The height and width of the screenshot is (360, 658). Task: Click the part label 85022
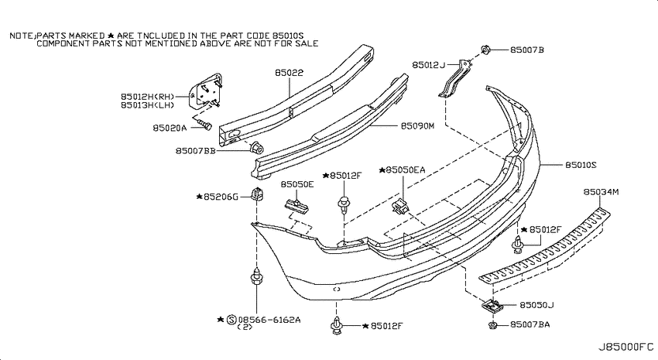coord(290,73)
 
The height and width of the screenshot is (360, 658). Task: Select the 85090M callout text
coord(417,126)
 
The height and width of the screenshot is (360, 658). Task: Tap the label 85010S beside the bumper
coord(581,165)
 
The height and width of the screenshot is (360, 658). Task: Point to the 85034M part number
coord(601,192)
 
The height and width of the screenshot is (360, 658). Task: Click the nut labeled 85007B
coord(485,50)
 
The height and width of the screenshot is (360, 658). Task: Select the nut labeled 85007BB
coord(256,149)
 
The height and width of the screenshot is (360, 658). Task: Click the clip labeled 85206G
coord(257,194)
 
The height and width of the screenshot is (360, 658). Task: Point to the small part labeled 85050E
coord(297,204)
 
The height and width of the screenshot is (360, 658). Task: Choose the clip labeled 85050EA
coord(400,206)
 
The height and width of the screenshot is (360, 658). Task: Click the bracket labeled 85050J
coord(492,306)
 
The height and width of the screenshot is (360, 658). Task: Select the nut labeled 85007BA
coord(493,325)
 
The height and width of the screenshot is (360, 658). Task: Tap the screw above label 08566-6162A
coord(256,276)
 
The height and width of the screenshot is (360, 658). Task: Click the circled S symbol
coord(231,320)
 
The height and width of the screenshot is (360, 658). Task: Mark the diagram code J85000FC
coord(625,347)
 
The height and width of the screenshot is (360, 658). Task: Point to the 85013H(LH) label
coord(147,105)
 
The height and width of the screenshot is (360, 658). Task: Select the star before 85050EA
coord(382,170)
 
